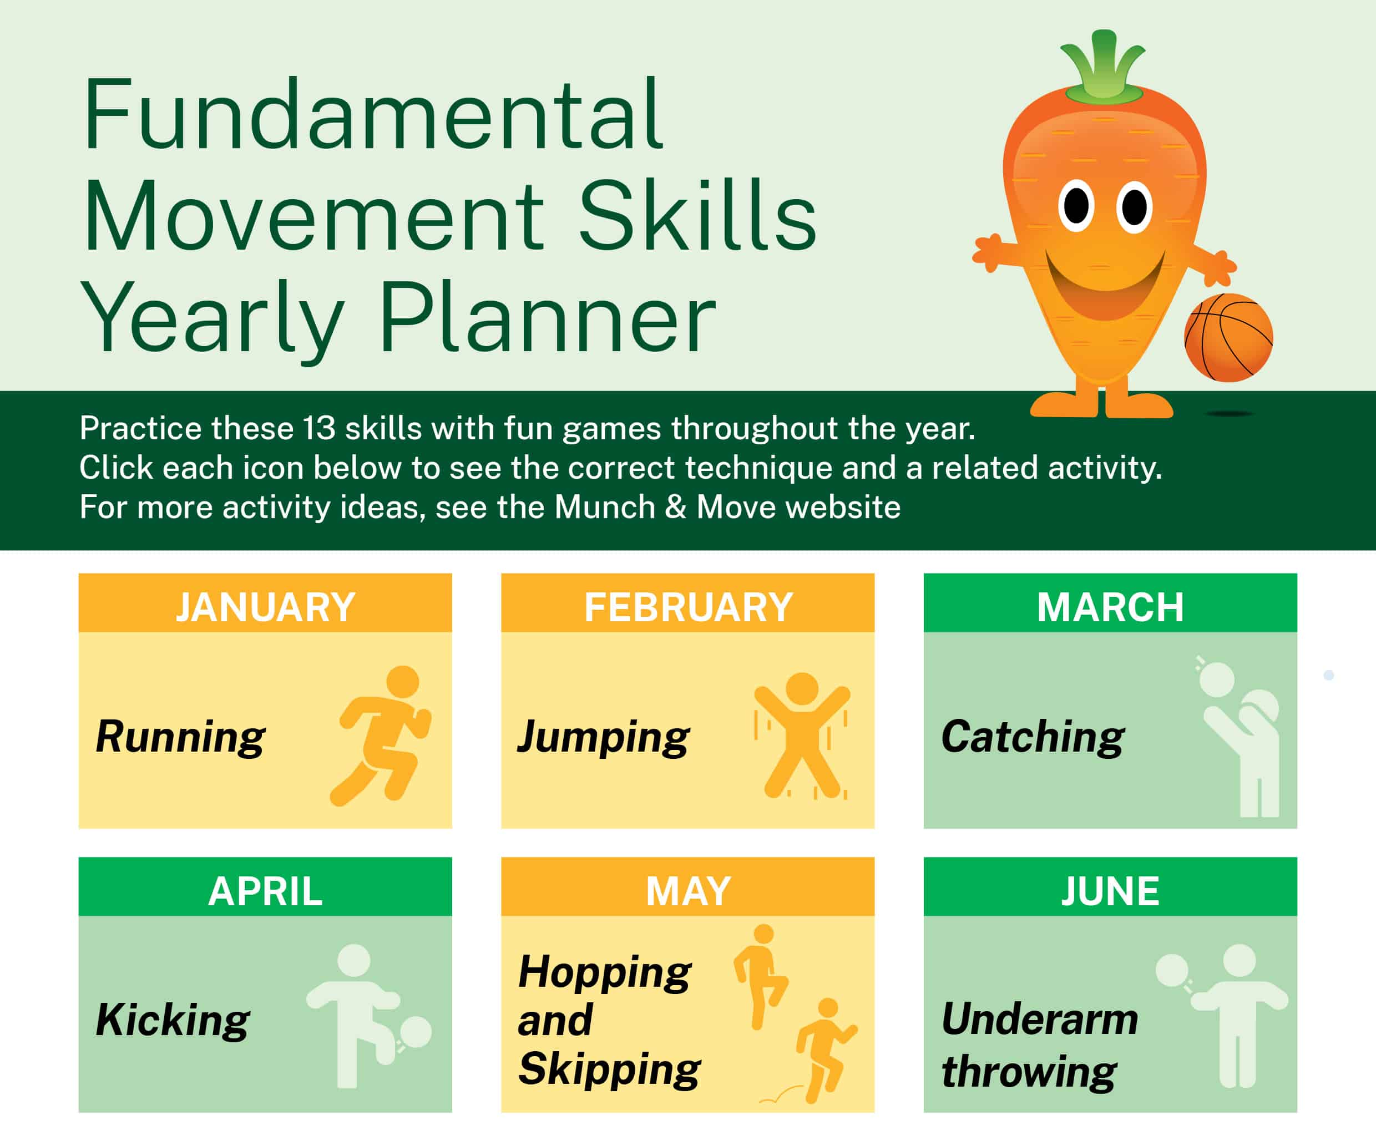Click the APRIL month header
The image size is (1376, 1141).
pos(265,891)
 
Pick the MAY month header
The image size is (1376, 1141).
pos(687,891)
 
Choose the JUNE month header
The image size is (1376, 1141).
pos(1110,891)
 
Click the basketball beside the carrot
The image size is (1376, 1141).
pos(1228,337)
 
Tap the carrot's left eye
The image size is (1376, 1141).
pos(1076,206)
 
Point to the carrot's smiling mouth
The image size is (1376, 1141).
pos(1105,288)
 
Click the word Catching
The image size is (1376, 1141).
pos(1033,737)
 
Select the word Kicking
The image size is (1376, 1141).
pos(173,1020)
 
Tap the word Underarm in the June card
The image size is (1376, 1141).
pos(1039,1020)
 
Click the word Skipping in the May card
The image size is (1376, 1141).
pos(609,1069)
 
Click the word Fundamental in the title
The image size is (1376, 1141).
pos(373,116)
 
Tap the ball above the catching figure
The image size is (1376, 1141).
pos(1217,680)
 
